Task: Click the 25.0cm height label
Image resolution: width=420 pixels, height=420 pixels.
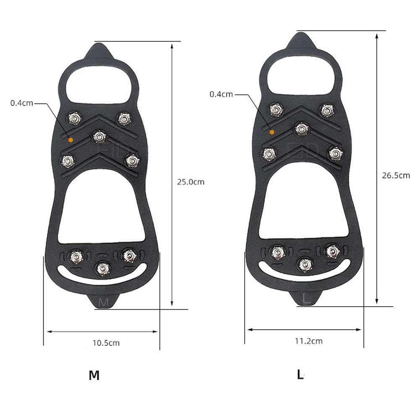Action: pos(190,182)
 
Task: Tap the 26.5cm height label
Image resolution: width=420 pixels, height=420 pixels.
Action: pos(396,176)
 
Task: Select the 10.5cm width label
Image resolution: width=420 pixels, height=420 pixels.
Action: pos(106,343)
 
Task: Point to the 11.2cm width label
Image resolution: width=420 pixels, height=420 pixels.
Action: pos(309,341)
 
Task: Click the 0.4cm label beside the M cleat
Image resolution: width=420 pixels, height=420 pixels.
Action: pos(21,103)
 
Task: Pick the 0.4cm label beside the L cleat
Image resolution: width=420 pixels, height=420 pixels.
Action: pos(221,94)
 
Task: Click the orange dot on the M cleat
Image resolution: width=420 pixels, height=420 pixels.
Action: pos(71,140)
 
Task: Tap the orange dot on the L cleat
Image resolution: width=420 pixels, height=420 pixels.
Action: pos(272,132)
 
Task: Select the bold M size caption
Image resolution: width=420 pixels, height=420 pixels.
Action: pos(94,375)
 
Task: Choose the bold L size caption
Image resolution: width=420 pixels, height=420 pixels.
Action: pos(300,374)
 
